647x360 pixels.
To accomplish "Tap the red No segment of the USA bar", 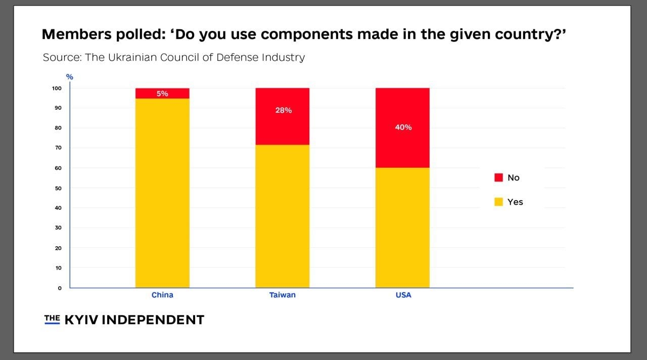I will pos(402,147).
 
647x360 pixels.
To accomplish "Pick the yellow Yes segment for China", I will pos(162,193).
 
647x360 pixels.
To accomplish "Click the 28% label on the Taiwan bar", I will pos(283,110).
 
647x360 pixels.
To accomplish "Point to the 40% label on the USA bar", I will pos(403,127).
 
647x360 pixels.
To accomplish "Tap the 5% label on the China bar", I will pos(162,94).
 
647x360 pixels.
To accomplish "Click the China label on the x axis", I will pos(162,295).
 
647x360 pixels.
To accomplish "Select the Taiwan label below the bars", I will pos(282,295).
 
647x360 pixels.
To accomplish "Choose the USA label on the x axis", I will pos(403,295).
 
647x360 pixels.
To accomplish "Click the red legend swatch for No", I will pos(498,177).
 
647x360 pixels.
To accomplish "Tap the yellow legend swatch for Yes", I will pos(498,202).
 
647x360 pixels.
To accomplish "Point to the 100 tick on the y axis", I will pos(56,88).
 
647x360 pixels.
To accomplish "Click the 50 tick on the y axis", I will pos(58,188).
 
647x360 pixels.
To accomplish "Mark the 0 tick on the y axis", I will pos(60,288).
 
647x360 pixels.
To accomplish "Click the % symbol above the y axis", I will pos(70,77).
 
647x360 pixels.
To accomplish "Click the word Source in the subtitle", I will pos(62,57).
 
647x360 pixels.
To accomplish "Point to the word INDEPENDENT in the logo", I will pos(155,320).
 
